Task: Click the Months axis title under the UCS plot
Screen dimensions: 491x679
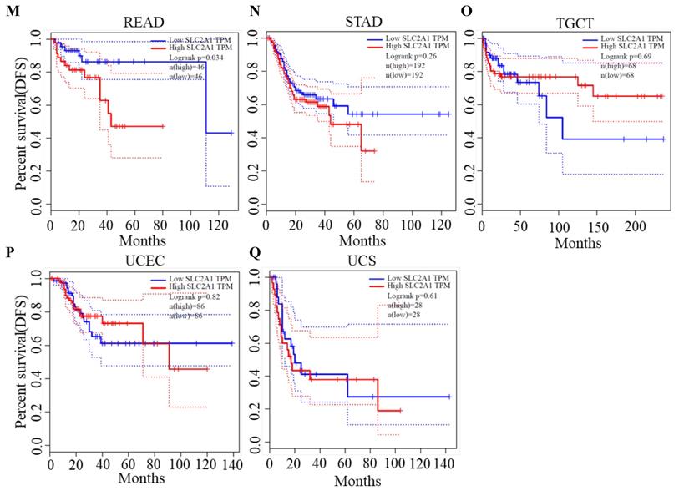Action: click(x=357, y=480)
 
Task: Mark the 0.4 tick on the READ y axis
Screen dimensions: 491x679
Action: click(x=36, y=137)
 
